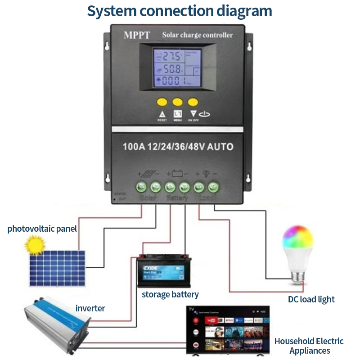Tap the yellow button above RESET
tap(162, 102)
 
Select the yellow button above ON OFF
tap(193, 102)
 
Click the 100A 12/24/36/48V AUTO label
tap(178, 147)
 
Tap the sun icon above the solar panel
tap(36, 245)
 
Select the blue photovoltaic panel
tap(58, 268)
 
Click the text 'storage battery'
tap(170, 295)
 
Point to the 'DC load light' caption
tap(311, 299)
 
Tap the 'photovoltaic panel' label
tap(42, 229)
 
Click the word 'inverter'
tap(90, 308)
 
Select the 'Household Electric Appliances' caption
tap(309, 346)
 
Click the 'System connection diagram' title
tap(180, 11)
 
